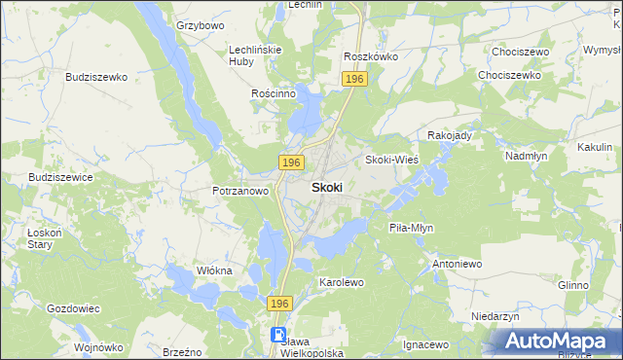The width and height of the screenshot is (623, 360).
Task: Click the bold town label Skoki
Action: [x=326, y=187]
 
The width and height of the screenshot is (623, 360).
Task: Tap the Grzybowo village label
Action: [x=201, y=24]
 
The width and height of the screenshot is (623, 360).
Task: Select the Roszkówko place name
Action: [x=371, y=56]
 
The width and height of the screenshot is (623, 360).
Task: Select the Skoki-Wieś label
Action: [x=391, y=160]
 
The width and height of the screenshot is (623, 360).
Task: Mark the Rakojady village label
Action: [x=450, y=135]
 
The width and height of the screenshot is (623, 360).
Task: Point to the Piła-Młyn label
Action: [x=411, y=228]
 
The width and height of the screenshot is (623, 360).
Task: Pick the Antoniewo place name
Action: [x=458, y=264]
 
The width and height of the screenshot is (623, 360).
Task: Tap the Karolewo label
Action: [x=342, y=282]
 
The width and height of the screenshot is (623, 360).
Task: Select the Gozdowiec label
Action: [x=74, y=307]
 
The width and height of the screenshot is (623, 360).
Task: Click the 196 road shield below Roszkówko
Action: [x=354, y=78]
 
